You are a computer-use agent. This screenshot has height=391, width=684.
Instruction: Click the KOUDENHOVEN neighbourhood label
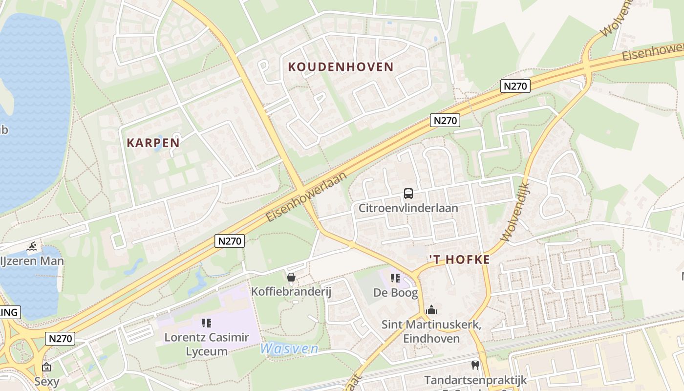[341, 67]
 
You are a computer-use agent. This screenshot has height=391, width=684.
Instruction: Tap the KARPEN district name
[153, 143]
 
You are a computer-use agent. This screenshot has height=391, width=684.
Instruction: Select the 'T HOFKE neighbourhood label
[459, 260]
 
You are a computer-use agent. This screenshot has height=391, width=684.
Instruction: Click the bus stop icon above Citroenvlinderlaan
[408, 194]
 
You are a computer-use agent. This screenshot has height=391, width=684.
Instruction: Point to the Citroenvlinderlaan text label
[408, 208]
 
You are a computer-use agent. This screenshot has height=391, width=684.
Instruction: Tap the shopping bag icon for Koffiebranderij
[291, 278]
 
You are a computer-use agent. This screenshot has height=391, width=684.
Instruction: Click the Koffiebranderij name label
[291, 292]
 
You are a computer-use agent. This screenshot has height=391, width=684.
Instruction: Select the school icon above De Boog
[395, 279]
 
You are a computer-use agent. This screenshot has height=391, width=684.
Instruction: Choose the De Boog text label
[396, 293]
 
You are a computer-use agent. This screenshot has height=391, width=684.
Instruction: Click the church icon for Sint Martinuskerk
[431, 310]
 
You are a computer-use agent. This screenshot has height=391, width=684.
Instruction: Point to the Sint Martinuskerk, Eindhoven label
[431, 331]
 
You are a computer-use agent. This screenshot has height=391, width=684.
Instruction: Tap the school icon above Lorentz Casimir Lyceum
[207, 323]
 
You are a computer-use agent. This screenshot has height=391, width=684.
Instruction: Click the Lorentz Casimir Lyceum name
[207, 344]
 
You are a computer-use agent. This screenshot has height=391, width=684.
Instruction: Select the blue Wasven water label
[289, 349]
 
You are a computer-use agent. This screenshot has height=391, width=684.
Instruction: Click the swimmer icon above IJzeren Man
[33, 246]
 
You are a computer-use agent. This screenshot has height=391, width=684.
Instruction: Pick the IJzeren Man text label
[32, 261]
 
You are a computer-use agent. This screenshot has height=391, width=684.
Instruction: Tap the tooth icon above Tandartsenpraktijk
[475, 365]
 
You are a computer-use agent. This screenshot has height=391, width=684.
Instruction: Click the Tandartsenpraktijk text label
[475, 380]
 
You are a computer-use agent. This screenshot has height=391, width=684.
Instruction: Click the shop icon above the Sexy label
[46, 367]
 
